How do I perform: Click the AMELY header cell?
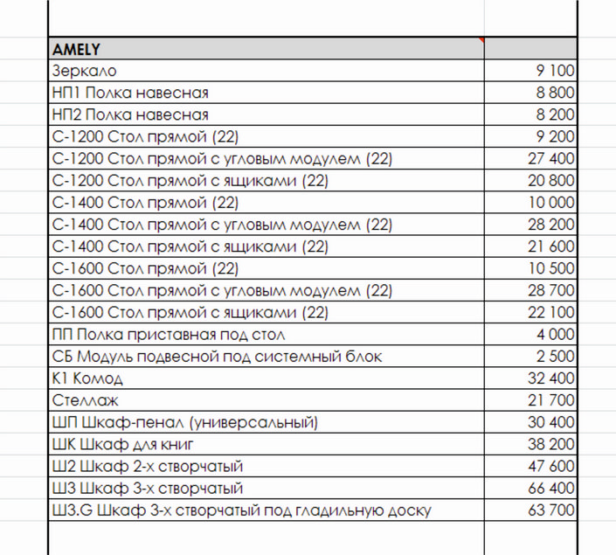(77, 48)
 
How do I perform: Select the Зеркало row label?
(85, 71)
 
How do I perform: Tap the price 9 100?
(555, 71)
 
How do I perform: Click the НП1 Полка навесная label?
(130, 93)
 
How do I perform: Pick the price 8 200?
(555, 114)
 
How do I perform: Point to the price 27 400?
(551, 158)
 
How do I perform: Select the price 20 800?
(551, 181)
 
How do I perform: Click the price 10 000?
(551, 203)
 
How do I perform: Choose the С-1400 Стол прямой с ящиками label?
(190, 246)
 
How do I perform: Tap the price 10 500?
(551, 268)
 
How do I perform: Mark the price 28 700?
(551, 290)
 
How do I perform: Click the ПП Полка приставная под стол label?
(181, 335)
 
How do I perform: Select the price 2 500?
(555, 357)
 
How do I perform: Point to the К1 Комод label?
(87, 378)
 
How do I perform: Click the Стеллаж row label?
(85, 400)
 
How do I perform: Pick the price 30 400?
(551, 422)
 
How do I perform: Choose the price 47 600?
(551, 466)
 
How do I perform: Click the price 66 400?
(551, 488)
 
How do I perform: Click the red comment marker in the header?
(481, 40)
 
